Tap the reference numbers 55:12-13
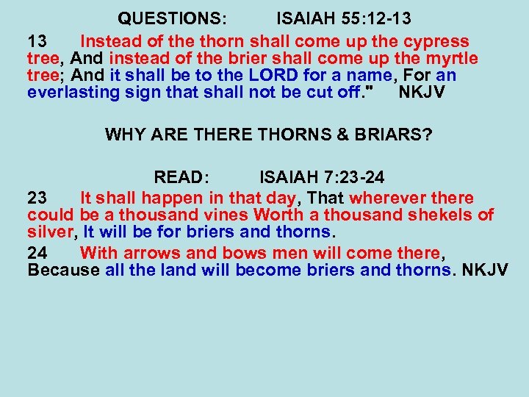click(x=372, y=18)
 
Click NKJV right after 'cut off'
click(x=424, y=92)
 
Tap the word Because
click(x=63, y=270)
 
